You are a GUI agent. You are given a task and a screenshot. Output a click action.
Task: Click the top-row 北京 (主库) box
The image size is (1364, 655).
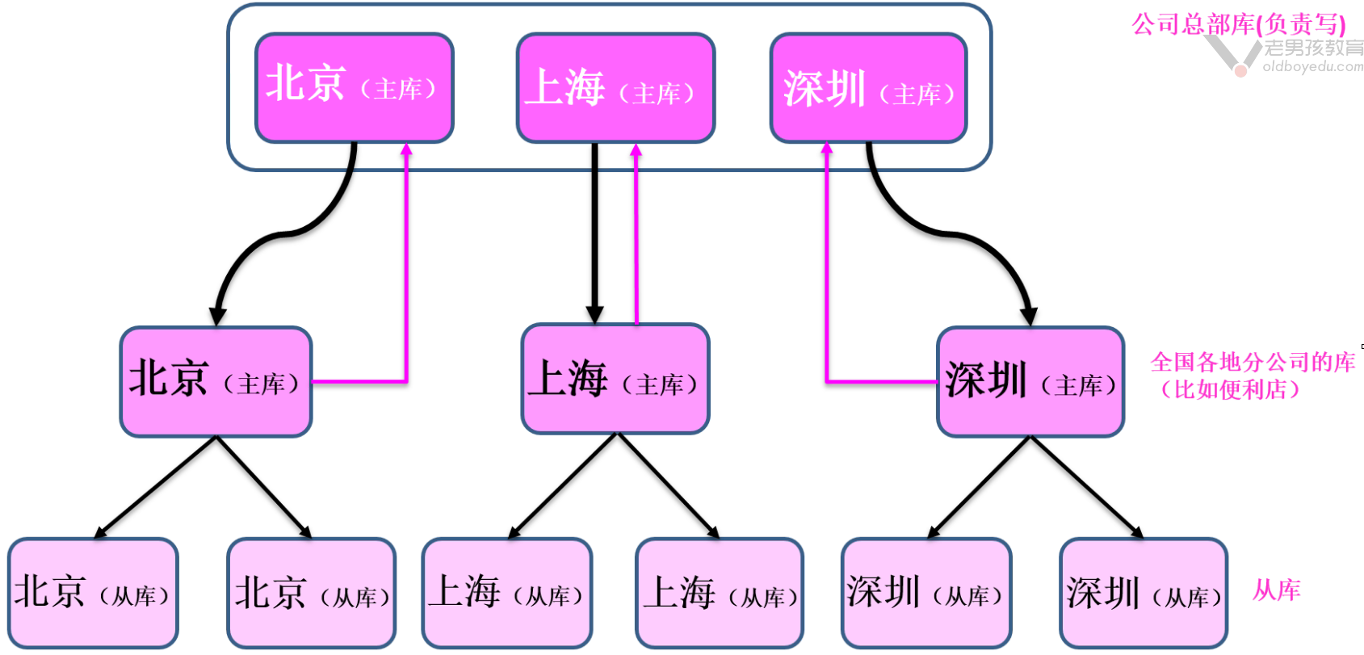(x=354, y=87)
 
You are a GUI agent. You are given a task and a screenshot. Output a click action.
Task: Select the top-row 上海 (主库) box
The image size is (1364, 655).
(x=615, y=87)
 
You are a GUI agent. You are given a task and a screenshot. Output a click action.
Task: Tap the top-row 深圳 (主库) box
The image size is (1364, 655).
(x=868, y=87)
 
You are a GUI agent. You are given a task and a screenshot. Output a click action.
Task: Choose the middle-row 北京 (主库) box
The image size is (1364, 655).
(x=216, y=381)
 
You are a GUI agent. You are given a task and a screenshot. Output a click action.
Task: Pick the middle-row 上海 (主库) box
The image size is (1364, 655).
(x=615, y=379)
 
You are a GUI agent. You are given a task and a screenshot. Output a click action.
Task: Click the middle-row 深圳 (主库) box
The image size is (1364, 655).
(x=1030, y=381)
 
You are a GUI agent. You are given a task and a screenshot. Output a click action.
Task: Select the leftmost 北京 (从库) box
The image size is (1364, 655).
(x=93, y=593)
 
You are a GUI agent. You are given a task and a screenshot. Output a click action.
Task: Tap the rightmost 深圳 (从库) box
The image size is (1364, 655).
(x=1143, y=593)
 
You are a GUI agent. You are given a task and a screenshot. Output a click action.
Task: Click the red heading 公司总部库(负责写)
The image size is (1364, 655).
(x=1237, y=24)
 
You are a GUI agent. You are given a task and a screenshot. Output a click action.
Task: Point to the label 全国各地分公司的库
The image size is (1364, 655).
(x=1252, y=362)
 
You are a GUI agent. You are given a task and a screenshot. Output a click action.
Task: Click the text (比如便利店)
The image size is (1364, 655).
(x=1229, y=389)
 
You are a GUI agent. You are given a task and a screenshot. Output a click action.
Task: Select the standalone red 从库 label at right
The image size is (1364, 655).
(x=1276, y=590)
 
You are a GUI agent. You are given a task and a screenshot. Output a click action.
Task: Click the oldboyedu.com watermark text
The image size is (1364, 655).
(x=1312, y=66)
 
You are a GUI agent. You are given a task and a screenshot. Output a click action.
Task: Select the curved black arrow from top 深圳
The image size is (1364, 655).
(x=953, y=234)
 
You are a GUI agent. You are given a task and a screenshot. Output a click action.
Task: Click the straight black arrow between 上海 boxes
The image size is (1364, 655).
(x=595, y=234)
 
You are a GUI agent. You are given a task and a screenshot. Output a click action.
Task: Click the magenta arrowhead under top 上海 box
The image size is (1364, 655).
(x=636, y=150)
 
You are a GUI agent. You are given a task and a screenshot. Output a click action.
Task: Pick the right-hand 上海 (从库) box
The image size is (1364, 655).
(x=719, y=593)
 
